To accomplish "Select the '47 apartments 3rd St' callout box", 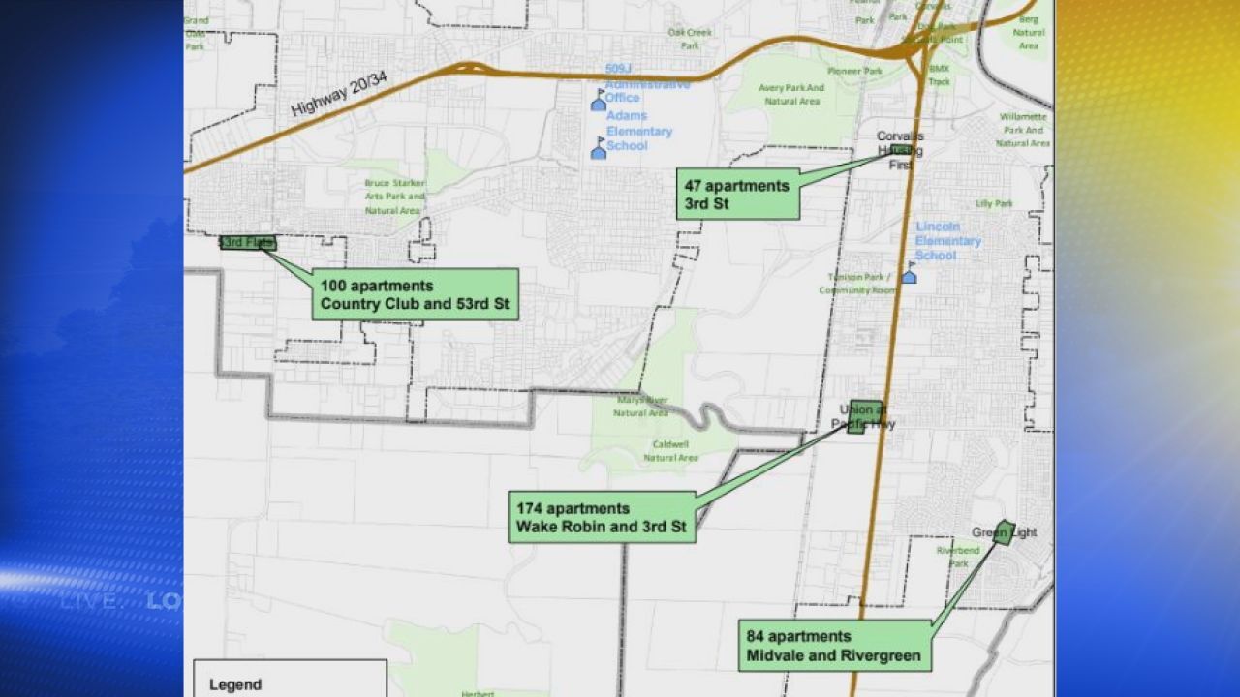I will click(737, 194).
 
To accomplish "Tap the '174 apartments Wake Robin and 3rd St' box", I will click(602, 517).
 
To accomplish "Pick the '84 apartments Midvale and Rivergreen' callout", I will click(834, 646).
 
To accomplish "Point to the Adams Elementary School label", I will click(639, 131).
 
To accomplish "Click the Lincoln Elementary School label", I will click(948, 241).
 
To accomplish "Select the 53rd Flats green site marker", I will click(248, 243).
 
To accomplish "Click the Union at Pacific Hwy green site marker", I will click(864, 416).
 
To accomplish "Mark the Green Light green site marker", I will click(1005, 532).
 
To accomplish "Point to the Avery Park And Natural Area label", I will click(792, 94).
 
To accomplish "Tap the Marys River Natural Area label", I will click(641, 406).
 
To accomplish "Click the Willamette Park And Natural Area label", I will click(1023, 130).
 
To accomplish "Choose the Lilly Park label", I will click(994, 203).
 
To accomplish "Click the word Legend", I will click(235, 684).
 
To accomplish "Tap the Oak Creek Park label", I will click(689, 38).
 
